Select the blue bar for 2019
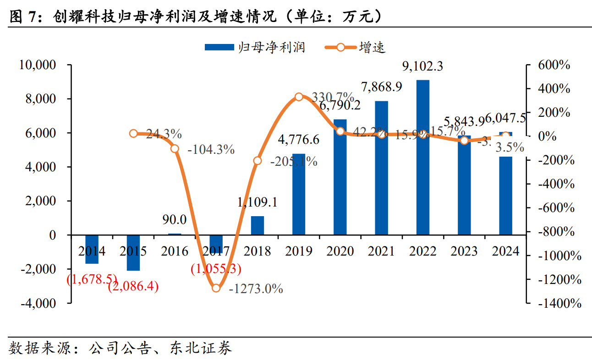click(x=299, y=194)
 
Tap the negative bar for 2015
click(x=133, y=253)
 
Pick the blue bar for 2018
click(x=258, y=225)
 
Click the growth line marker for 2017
click(x=216, y=288)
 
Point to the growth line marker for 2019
click(x=299, y=97)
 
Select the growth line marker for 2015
click(x=133, y=133)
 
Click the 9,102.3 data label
click(x=422, y=67)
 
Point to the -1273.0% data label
click(x=256, y=289)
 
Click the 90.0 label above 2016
click(x=175, y=220)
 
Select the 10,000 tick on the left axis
click(x=38, y=65)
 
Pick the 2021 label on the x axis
click(x=381, y=251)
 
